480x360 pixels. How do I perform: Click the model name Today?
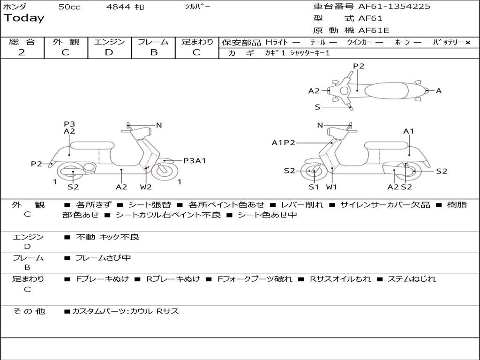tap(24, 18)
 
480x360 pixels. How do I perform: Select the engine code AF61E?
tap(374, 31)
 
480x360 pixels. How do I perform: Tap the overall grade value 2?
tap(22, 52)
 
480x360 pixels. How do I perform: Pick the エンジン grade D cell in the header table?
tap(109, 52)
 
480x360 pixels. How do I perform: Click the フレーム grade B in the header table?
tap(154, 52)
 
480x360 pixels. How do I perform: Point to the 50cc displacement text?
tap(69, 7)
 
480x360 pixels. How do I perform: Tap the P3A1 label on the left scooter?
tap(195, 161)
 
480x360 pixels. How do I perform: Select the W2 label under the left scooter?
tap(146, 187)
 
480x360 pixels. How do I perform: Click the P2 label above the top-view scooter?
tap(359, 66)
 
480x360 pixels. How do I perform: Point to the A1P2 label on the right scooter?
tap(283, 143)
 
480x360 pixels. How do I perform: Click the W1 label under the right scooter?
tap(332, 187)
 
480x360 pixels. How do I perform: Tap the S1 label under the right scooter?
tap(314, 187)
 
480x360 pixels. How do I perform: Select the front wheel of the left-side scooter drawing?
tap(164, 171)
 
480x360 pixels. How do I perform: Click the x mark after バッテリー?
tap(467, 43)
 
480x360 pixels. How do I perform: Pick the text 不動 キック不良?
tap(107, 237)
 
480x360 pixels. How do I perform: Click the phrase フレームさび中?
tap(103, 258)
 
